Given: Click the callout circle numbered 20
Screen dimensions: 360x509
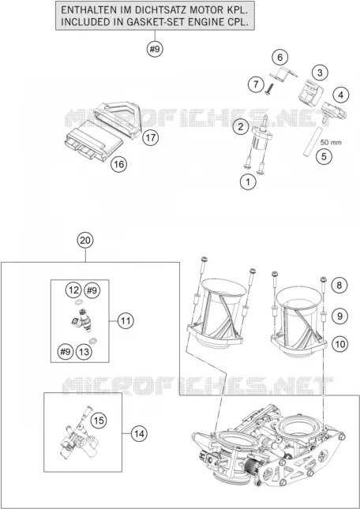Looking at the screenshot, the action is (85, 241).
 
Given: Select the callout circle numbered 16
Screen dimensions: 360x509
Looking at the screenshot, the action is (118, 165).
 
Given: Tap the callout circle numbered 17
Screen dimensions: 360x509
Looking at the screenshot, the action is (150, 138).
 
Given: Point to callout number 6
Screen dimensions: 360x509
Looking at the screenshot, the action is (280, 58).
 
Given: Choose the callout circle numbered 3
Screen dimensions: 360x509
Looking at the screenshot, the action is (320, 73).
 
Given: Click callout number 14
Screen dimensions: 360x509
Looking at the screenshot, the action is (139, 433).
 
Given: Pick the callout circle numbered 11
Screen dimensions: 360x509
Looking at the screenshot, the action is (126, 321).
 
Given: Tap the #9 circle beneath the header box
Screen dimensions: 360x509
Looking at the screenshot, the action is (155, 50).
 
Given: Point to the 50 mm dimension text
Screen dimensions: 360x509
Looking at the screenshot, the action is (331, 142).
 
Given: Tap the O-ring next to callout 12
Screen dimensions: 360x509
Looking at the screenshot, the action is (78, 303).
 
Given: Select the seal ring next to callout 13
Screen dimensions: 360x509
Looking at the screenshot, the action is (93, 341).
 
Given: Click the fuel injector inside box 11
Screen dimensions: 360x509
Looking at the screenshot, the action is (81, 320).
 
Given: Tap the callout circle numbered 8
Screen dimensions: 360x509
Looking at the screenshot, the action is (339, 286).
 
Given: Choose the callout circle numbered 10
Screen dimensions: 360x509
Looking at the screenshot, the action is (339, 344).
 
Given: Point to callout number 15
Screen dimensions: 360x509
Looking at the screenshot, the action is (99, 421).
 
